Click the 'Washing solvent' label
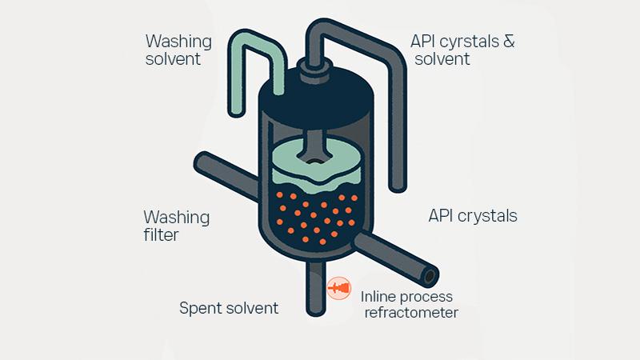pyautogui.click(x=178, y=49)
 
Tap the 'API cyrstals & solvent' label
pyautogui.click(x=462, y=49)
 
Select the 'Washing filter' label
pyautogui.click(x=176, y=226)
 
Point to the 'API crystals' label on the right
pyautogui.click(x=472, y=216)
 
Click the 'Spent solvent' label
pyautogui.click(x=228, y=308)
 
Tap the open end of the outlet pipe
pyautogui.click(x=430, y=277)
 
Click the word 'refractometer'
pyautogui.click(x=410, y=313)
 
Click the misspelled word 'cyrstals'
pyautogui.click(x=466, y=40)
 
